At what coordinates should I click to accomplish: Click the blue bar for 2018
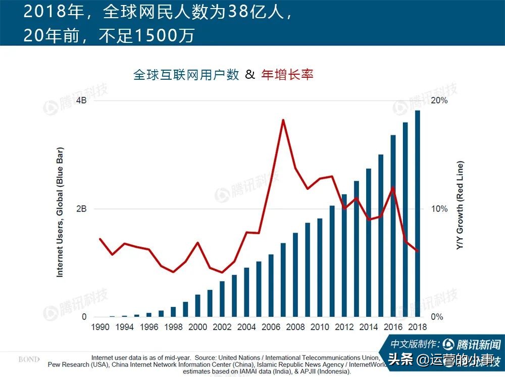pyautogui.click(x=418, y=214)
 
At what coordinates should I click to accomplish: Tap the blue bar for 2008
pyautogui.click(x=295, y=275)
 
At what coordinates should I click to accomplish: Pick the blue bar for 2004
pyautogui.click(x=246, y=293)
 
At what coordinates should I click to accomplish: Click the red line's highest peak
pyautogui.click(x=283, y=120)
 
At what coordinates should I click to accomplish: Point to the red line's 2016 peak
pyautogui.click(x=393, y=188)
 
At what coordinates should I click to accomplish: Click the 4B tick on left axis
pyautogui.click(x=81, y=100)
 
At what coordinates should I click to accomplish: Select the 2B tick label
pyautogui.click(x=81, y=209)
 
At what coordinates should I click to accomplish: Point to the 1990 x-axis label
pyautogui.click(x=100, y=327)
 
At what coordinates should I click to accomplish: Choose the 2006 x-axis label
pyautogui.click(x=271, y=327)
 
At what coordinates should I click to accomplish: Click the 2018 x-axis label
pyautogui.click(x=418, y=327)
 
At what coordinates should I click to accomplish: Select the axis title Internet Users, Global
pyautogui.click(x=60, y=212)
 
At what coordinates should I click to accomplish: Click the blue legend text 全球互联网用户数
pyautogui.click(x=186, y=75)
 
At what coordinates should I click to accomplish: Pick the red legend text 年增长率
pyautogui.click(x=287, y=75)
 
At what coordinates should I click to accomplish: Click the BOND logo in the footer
pyautogui.click(x=28, y=359)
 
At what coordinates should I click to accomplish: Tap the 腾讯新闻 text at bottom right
pyautogui.click(x=478, y=345)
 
